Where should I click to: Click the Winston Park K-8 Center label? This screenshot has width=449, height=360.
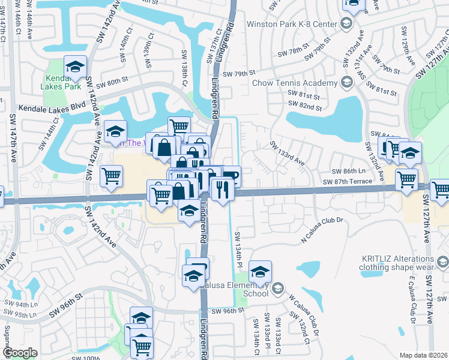[292, 25]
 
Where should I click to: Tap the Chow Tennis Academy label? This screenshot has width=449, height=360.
[296, 82]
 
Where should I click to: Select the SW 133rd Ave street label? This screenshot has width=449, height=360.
[287, 154]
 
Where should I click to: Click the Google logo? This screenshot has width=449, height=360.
[20, 353]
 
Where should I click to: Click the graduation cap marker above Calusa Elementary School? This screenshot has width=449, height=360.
[260, 271]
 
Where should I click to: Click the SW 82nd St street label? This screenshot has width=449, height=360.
[304, 107]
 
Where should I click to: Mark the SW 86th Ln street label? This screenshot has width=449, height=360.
[354, 171]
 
